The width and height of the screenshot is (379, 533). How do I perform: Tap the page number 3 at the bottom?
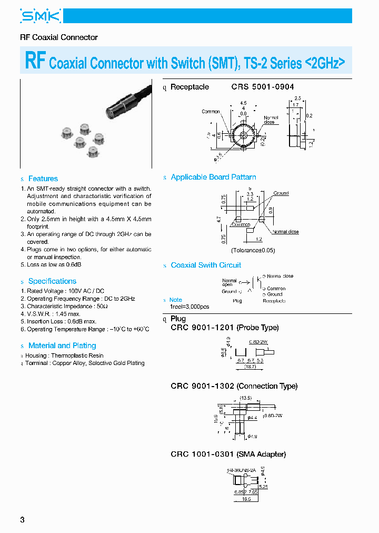[x=22, y=520]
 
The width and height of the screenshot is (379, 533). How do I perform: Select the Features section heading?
[x=43, y=179]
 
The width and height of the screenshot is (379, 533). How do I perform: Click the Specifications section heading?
[x=52, y=281]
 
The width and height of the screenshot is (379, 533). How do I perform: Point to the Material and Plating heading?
[x=62, y=346]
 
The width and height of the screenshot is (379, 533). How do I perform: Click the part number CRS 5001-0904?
[x=262, y=87]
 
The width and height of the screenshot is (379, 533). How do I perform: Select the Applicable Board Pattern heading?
[x=213, y=177]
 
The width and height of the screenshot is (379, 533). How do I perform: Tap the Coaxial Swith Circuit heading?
[x=206, y=265]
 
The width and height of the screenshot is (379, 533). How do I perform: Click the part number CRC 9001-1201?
[x=202, y=328]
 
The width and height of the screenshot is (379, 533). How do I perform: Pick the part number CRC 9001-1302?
[x=202, y=386]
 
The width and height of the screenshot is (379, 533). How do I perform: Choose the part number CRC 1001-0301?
[x=202, y=454]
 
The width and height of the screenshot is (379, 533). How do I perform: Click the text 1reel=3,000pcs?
[x=189, y=307]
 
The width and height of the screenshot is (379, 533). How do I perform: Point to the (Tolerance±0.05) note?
[x=253, y=250]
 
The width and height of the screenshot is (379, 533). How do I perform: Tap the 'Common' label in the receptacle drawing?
[x=211, y=112]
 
